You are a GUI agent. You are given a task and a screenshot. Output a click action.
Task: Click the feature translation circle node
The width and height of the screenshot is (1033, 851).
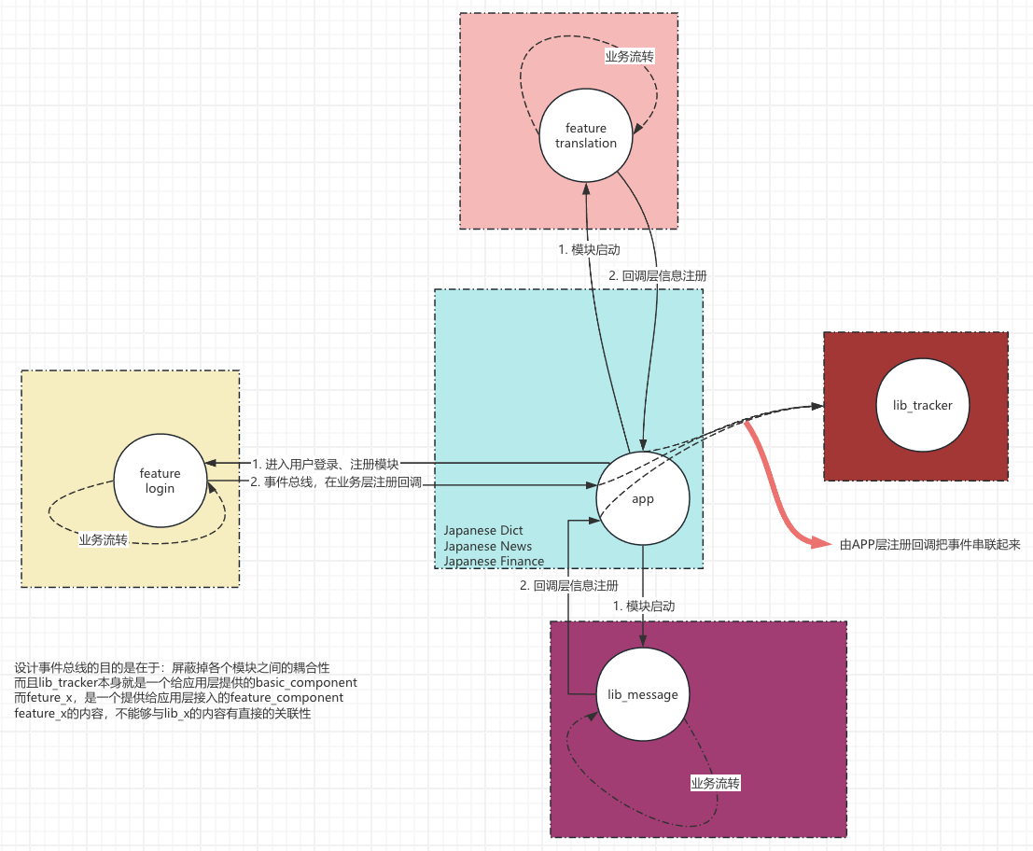(586, 135)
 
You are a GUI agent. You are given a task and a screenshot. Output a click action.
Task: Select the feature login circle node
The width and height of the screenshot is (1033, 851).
(160, 481)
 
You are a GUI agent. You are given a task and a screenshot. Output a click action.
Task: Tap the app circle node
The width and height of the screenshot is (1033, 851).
(643, 498)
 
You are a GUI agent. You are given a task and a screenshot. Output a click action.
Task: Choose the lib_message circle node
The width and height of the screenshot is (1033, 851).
(642, 694)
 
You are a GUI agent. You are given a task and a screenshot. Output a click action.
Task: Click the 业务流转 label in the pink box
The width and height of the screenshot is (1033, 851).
(630, 56)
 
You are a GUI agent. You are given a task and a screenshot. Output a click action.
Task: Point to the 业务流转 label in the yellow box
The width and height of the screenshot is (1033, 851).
(104, 539)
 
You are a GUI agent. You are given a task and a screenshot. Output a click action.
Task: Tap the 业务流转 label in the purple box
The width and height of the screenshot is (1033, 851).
(715, 783)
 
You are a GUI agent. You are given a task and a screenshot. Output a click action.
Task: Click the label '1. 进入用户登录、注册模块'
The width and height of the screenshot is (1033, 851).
(325, 464)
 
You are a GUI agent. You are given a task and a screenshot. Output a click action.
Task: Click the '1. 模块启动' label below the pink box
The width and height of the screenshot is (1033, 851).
(589, 250)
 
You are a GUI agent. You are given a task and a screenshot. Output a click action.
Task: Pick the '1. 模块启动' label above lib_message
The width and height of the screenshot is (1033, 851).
(644, 606)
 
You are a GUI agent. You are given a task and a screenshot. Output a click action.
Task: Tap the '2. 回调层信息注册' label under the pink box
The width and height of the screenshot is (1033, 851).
(657, 276)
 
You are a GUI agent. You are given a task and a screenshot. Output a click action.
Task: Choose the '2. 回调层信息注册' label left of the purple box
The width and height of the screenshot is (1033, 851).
(568, 586)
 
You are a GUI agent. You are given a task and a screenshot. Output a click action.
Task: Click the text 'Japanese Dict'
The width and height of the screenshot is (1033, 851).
(483, 530)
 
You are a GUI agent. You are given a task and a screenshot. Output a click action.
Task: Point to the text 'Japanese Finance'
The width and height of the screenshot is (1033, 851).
(494, 561)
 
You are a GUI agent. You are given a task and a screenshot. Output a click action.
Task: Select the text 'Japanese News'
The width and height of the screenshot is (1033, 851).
(487, 546)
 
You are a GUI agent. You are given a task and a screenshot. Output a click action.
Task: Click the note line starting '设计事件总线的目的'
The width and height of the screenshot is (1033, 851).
(173, 668)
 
